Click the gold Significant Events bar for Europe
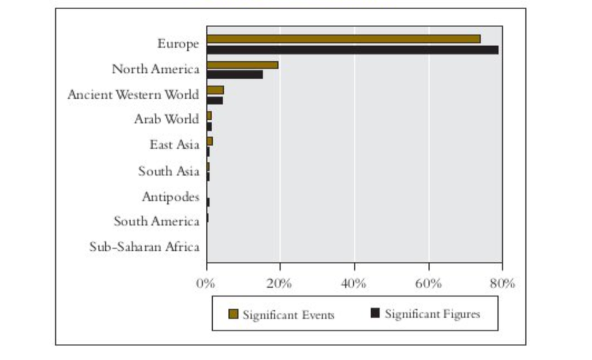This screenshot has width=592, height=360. point(343,39)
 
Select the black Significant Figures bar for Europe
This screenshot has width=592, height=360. point(353,50)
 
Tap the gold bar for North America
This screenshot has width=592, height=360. point(242,65)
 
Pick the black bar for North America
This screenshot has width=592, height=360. point(235,75)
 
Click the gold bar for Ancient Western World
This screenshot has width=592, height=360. point(215,90)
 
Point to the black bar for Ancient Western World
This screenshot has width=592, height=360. point(215,101)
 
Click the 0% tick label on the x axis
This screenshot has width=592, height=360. point(206,283)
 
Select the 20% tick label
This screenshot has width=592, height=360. point(279,283)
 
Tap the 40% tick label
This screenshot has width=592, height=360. point(353,283)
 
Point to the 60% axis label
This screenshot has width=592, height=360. point(428,283)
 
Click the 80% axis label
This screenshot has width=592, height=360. point(502,283)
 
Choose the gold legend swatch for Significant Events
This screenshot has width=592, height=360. point(234,314)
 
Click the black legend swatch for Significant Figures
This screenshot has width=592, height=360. point(375,313)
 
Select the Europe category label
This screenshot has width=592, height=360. point(178,44)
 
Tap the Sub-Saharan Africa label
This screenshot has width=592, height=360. point(144,247)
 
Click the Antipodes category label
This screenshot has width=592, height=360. point(171,197)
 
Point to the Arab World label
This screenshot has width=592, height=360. point(166,119)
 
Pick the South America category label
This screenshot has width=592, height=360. point(156,221)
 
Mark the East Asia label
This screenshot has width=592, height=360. point(175,144)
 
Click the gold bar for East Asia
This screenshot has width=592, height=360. point(209,142)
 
